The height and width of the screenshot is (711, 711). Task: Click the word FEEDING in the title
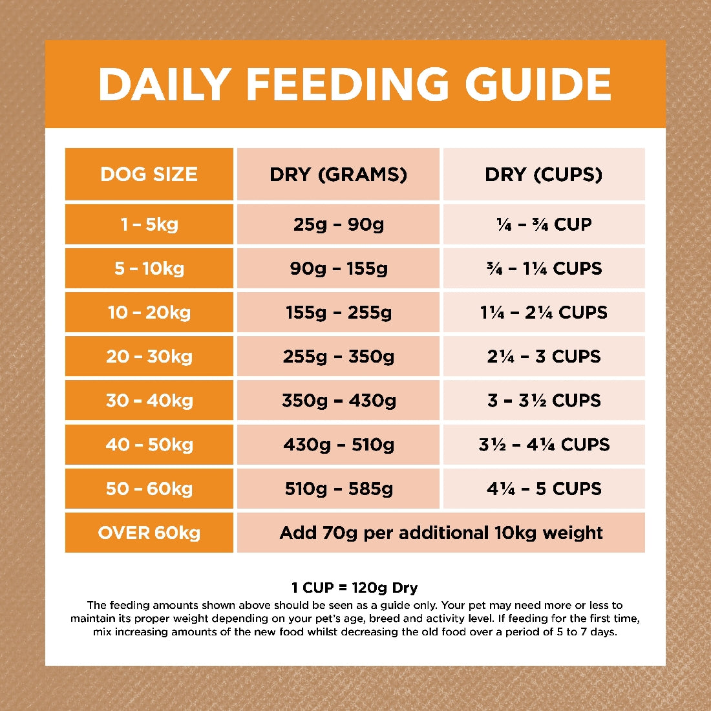point(346,84)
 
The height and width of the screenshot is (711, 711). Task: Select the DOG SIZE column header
point(149,175)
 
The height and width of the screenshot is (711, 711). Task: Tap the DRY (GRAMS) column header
point(338,175)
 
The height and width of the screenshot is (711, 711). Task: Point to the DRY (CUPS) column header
point(544,175)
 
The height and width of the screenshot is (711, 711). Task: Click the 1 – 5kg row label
point(149,225)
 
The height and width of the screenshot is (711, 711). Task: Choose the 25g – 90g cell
point(338,225)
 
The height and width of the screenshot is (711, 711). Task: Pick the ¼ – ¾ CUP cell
point(544,225)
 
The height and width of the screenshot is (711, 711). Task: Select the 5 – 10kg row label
point(149,269)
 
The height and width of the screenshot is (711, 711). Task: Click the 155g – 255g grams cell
point(338,313)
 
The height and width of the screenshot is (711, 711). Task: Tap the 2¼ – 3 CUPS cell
point(544,357)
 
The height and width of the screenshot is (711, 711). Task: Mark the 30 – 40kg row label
point(149,401)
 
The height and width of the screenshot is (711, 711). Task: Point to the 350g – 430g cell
point(338,401)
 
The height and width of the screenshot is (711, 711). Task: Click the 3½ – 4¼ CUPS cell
point(544,445)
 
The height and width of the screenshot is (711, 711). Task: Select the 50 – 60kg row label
point(149,489)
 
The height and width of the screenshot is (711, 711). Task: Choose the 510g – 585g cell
point(338,489)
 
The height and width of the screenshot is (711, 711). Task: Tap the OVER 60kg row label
point(149,533)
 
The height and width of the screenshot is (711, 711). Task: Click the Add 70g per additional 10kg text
point(441,533)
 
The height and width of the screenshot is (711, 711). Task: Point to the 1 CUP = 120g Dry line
point(354,588)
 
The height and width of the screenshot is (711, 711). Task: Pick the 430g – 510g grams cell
point(338,445)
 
